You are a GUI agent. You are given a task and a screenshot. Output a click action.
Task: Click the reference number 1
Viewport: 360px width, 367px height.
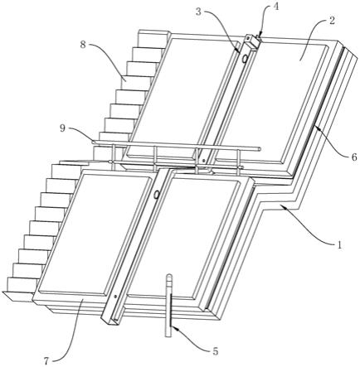(339, 244)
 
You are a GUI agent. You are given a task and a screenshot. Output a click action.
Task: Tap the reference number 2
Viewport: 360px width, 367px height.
(332, 21)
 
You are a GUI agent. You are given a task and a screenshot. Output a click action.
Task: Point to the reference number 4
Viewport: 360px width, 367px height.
(275, 7)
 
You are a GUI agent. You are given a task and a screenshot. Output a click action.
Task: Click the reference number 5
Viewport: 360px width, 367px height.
(215, 351)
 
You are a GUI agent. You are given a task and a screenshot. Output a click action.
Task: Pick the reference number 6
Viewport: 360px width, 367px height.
(354, 157)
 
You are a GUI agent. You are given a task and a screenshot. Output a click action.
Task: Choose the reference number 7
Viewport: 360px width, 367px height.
(46, 360)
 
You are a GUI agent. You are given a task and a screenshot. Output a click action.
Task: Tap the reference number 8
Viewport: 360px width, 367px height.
(83, 45)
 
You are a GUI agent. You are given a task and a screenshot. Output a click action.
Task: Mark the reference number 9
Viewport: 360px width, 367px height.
(62, 128)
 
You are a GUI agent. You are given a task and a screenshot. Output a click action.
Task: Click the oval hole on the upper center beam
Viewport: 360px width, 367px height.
(245, 58)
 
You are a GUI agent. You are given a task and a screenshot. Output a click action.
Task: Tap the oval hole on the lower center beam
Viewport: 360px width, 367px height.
(157, 195)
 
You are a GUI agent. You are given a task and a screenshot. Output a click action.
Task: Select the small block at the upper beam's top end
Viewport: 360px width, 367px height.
(252, 40)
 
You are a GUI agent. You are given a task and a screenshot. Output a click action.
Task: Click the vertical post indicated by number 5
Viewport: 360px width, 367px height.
(168, 305)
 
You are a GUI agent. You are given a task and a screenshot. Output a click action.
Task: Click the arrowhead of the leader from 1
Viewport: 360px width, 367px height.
(282, 206)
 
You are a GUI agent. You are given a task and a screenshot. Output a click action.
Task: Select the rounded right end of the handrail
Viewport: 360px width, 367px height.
(259, 149)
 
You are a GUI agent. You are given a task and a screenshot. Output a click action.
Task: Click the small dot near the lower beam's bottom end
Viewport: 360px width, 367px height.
(115, 297)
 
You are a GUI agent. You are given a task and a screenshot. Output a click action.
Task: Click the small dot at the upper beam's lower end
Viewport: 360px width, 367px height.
(203, 160)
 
